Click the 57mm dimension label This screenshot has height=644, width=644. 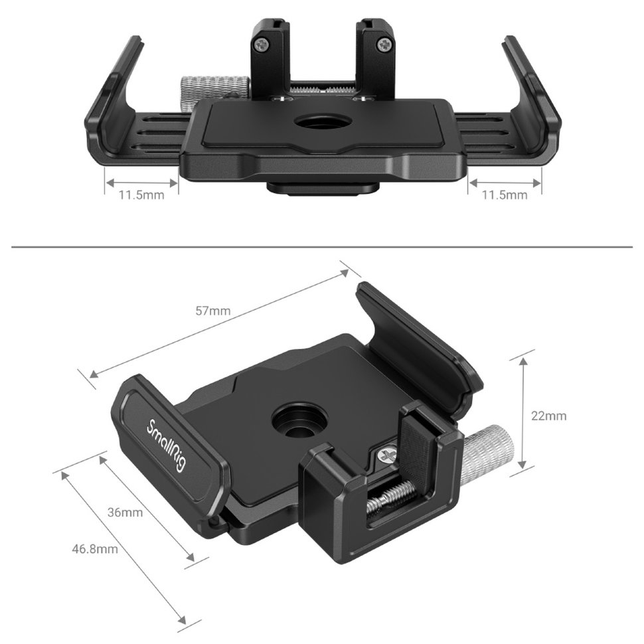tap(214, 311)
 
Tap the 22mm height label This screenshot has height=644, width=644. tap(548, 416)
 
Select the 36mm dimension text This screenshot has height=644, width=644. tap(125, 513)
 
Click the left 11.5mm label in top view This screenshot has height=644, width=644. tap(141, 195)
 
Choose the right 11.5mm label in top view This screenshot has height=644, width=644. tap(505, 195)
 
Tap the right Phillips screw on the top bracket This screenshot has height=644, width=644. tap(385, 46)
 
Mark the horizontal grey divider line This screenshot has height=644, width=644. tap(322, 248)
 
